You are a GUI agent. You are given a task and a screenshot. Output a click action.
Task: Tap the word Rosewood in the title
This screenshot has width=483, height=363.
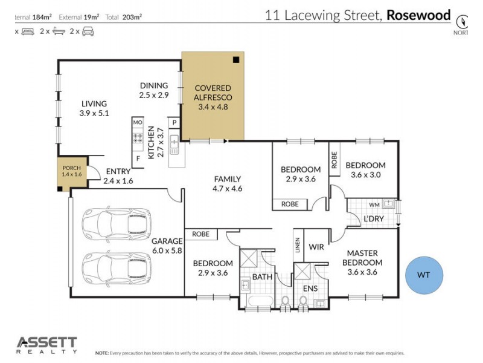(x=418, y=15)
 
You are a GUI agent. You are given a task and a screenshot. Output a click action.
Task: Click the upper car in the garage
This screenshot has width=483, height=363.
(x=115, y=224)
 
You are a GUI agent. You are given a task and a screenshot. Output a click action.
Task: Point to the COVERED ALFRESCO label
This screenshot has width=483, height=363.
(x=212, y=97)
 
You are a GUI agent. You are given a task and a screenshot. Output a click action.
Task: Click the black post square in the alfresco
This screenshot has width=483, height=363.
(x=236, y=59)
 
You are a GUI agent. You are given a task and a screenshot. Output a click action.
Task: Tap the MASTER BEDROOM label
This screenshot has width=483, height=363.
(x=362, y=263)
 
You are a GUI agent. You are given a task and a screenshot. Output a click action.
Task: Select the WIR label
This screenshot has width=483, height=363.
(x=317, y=247)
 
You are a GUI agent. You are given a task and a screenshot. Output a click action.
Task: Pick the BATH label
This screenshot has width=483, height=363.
(x=263, y=276)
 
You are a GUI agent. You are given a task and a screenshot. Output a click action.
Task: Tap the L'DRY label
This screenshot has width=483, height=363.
(x=373, y=218)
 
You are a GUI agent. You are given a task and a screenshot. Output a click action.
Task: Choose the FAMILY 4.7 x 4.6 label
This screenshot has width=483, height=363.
(x=228, y=183)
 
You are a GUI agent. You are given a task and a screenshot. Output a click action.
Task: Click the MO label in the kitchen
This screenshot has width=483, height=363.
(x=138, y=123)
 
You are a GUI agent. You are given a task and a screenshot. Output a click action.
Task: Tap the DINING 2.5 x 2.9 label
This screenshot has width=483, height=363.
(x=154, y=90)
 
